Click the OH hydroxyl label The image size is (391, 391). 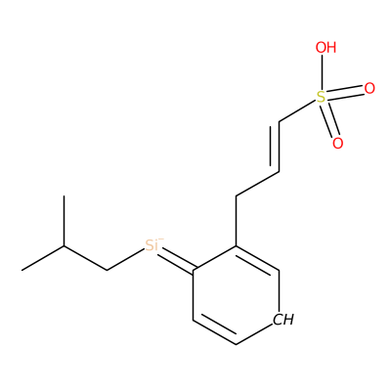tap(326, 48)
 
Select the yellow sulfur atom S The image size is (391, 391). tap(322, 97)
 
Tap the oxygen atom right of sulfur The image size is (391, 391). tap(369, 88)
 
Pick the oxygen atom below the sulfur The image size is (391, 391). tap(338, 143)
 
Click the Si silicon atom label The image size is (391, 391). tap(152, 245)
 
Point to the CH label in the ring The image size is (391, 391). tap(283, 320)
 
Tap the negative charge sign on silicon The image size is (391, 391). tap(161, 239)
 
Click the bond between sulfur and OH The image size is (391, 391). tap(322, 72)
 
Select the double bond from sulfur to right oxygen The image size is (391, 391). tap(345, 93)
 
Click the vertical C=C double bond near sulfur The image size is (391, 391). tap(276, 147)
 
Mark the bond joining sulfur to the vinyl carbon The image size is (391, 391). tap(298, 111)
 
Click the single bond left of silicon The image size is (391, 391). tap(126, 260)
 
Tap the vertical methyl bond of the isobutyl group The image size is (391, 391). tap(64, 221)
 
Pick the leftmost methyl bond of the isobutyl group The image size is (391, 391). tap(43, 258)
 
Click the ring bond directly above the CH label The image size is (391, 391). tap(280, 291)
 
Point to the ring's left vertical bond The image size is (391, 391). tap(194, 294)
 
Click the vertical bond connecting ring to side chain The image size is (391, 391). tap(236, 221)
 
